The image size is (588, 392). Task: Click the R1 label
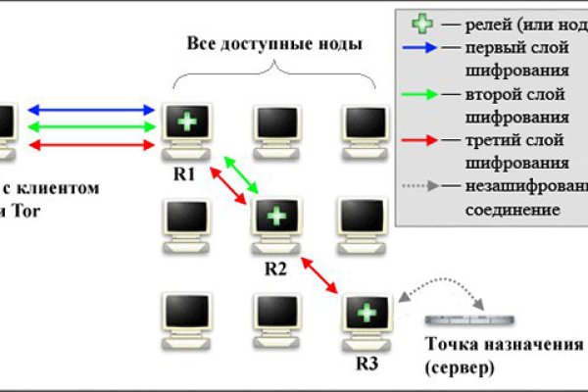(x=184, y=174)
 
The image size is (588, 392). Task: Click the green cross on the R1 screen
(x=185, y=122)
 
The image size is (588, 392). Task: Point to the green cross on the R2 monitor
(x=277, y=216)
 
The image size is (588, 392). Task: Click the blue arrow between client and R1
(x=93, y=110)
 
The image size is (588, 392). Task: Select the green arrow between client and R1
(x=93, y=126)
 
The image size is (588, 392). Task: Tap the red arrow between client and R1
(x=93, y=145)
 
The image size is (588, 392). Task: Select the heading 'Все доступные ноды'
(x=273, y=44)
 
